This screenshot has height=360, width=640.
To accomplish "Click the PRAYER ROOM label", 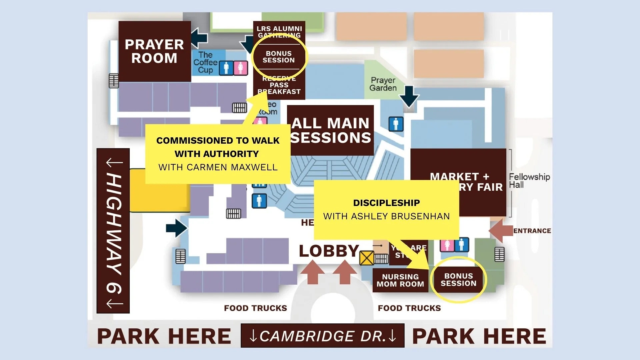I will [x=154, y=51].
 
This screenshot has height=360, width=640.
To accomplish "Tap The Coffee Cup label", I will [x=205, y=62].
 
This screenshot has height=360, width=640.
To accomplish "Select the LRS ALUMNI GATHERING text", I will [x=279, y=32].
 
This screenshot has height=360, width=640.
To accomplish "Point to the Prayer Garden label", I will [x=383, y=84].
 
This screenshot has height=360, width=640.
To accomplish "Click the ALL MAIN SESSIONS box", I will [x=330, y=130].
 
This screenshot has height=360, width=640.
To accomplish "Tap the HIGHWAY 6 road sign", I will [x=113, y=231].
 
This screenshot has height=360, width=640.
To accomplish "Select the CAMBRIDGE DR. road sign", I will [x=323, y=336].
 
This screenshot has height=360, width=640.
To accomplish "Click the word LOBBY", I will [x=329, y=251].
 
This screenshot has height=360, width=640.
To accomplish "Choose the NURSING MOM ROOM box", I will [x=400, y=280].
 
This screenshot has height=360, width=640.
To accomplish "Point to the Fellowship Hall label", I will [x=529, y=181].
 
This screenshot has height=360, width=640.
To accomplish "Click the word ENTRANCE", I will [x=532, y=231].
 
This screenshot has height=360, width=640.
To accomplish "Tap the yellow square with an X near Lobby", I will [x=367, y=258].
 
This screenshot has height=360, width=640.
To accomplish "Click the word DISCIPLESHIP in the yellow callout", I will [x=387, y=203].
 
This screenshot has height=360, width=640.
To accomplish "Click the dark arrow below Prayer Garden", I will [x=409, y=96].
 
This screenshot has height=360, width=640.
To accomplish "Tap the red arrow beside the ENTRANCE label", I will [x=500, y=230].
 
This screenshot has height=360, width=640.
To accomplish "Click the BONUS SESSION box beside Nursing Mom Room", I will [x=458, y=280].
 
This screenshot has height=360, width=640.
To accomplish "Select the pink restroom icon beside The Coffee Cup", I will [x=240, y=68].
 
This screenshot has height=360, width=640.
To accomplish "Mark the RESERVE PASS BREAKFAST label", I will [x=279, y=85].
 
